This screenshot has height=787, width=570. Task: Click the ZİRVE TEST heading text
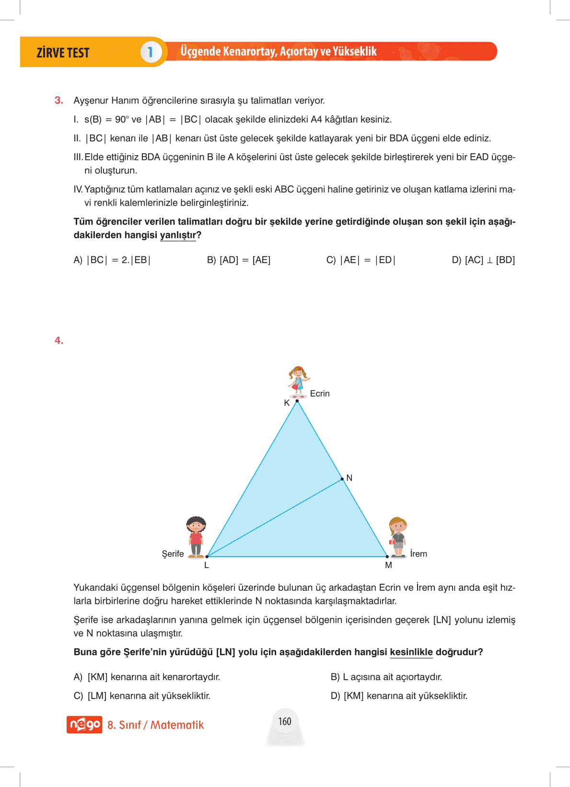[63, 53]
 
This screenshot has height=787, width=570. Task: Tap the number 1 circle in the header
[150, 52]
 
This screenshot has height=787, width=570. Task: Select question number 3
[59, 101]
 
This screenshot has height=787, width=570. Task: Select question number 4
[59, 341]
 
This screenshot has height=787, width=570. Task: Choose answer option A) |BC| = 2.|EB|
[112, 260]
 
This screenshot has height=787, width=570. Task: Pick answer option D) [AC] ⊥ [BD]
[483, 260]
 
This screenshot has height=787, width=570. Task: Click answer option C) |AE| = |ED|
[361, 260]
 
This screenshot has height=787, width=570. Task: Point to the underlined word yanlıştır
[178, 235]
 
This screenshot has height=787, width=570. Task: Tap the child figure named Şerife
[196, 537]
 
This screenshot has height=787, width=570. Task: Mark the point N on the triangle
[342, 479]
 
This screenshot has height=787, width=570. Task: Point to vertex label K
[287, 403]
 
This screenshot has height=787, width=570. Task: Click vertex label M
[388, 565]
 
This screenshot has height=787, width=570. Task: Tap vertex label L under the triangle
[207, 565]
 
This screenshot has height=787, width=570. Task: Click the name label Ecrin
[320, 394]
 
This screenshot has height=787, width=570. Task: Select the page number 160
[285, 721]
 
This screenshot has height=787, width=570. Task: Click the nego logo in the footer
[84, 724]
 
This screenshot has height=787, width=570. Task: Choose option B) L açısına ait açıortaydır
[386, 677]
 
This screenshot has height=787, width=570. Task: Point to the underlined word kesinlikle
[411, 652]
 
